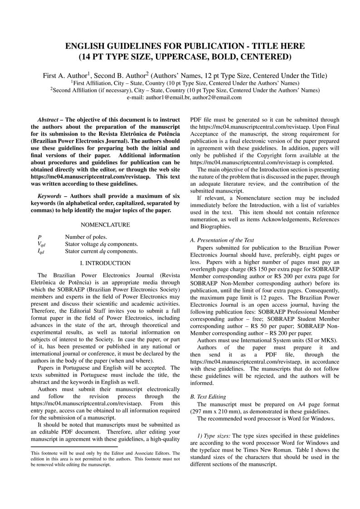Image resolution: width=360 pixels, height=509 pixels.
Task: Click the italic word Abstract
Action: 48,119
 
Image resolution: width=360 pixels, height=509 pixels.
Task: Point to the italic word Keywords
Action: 49,196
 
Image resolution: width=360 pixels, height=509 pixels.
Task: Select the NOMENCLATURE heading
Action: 105,225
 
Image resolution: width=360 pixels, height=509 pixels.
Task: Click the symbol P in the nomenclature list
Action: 40,237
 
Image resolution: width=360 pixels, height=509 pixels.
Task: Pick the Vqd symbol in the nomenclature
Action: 41,244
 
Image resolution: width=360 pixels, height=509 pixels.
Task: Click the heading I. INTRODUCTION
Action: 105,263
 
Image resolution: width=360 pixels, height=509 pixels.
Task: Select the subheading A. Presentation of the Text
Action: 222,240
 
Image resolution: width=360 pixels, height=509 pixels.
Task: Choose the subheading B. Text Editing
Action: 208,397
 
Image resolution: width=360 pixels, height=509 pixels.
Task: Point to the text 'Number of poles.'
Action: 86,237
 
